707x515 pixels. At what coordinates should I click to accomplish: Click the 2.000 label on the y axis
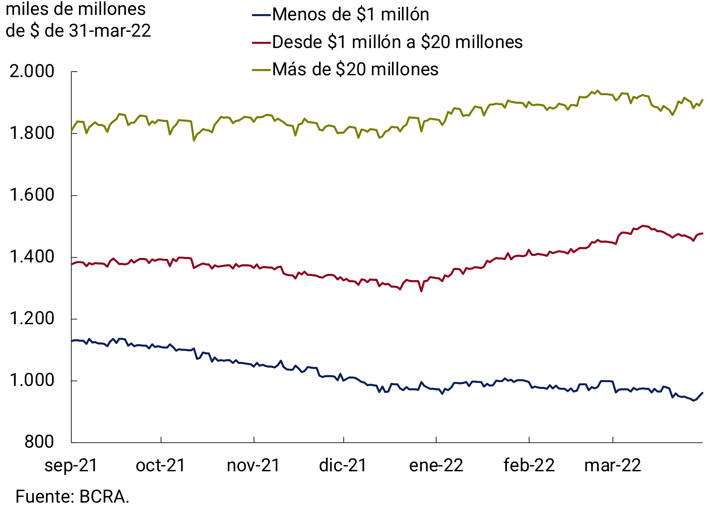[32, 71]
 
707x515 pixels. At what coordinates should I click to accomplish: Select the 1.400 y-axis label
[32, 257]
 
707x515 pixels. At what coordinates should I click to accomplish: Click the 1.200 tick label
[32, 318]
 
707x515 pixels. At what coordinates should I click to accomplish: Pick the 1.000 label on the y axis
[32, 380]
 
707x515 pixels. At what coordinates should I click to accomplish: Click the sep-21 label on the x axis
[71, 465]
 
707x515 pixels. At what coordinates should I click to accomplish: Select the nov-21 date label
[253, 465]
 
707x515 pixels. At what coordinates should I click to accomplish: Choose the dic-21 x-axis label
[343, 465]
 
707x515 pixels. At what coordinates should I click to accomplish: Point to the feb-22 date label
[529, 465]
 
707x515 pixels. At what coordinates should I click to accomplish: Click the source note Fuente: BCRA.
[72, 497]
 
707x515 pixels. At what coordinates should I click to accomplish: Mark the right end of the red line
[702, 233]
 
